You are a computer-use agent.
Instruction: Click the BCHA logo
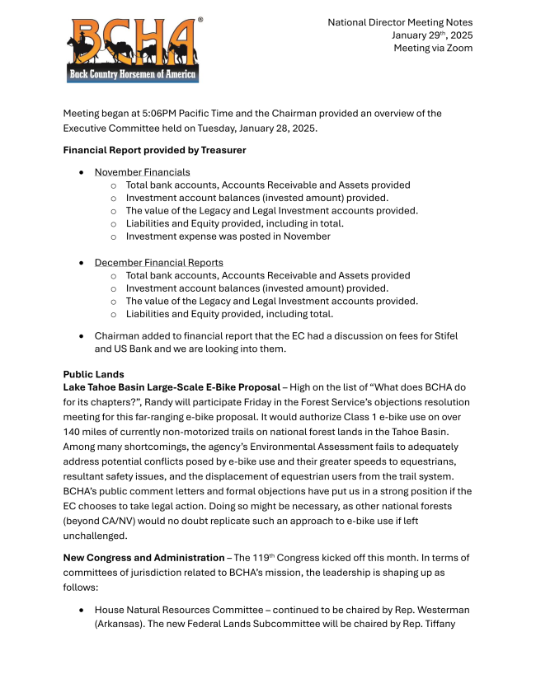(133, 49)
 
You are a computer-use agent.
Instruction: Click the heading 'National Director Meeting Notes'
(400, 21)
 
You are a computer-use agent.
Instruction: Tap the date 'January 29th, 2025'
(432, 35)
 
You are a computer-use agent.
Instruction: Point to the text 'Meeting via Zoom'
(433, 48)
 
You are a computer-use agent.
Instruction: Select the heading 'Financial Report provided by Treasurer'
(154, 150)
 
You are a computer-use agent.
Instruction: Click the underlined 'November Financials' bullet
(142, 172)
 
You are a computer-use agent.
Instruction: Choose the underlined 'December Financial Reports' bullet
(158, 262)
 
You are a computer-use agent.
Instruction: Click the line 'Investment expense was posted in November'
(228, 236)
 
